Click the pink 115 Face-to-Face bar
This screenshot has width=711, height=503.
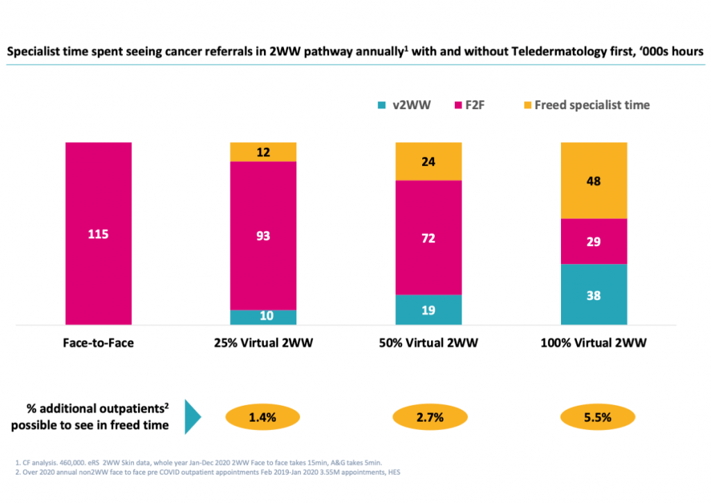[98, 233]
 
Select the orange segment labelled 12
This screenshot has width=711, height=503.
[263, 151]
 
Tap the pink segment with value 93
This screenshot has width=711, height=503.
[263, 235]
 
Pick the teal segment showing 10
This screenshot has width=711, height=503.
[263, 317]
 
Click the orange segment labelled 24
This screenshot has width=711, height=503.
[428, 161]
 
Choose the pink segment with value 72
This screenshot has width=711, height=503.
[428, 237]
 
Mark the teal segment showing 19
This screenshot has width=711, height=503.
[428, 309]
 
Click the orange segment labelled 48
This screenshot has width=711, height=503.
[594, 180]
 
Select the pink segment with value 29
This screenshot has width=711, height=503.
[594, 241]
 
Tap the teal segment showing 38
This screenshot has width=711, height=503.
[594, 294]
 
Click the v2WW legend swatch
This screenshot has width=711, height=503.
[381, 106]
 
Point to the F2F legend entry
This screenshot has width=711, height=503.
[467, 105]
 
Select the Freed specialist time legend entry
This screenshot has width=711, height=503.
[586, 105]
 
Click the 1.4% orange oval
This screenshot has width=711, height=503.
[262, 418]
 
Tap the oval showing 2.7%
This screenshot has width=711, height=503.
[428, 418]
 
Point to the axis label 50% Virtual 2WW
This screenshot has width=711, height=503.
[428, 343]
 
